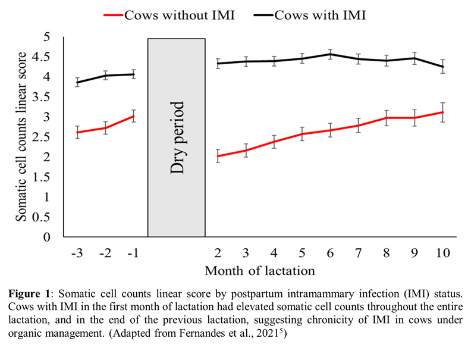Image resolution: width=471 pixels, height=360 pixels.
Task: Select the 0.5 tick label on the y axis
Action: click(x=49, y=217)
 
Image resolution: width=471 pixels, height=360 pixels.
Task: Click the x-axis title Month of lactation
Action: click(x=260, y=271)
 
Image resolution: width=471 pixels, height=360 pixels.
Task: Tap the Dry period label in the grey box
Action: click(x=177, y=137)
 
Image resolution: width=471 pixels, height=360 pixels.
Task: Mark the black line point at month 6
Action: click(x=331, y=54)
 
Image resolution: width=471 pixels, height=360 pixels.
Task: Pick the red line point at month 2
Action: click(x=218, y=156)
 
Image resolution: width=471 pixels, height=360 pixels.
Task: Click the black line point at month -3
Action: click(x=77, y=82)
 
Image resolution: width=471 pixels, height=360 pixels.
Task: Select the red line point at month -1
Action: click(x=133, y=116)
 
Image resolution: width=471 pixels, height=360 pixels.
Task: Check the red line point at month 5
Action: click(x=302, y=134)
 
